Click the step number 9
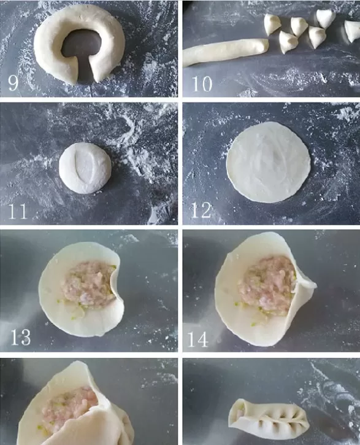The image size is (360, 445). pos(13,82)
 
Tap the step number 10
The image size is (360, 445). pos(202,83)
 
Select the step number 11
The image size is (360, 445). pos(18,211)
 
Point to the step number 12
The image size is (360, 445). pos(201,211)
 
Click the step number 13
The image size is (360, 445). pos(20,337)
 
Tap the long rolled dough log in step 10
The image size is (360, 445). pos(225,52)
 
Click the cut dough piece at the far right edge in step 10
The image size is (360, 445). pos(353,31)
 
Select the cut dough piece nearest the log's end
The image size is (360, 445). pos(288,42)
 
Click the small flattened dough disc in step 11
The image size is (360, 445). pos(85,168)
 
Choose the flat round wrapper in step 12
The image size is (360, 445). pos(268,162)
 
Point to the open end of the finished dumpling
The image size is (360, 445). pos(237,412)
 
